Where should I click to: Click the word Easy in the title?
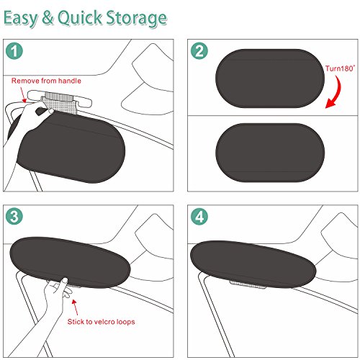point(21,18)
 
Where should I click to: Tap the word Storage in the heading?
point(136,19)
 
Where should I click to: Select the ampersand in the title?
point(48,17)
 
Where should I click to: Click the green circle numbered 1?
point(14,50)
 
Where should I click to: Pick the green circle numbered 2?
point(199,50)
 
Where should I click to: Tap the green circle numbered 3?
point(14,216)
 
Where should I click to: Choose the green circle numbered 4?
point(199,216)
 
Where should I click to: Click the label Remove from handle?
point(46,81)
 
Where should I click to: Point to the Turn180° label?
point(340,68)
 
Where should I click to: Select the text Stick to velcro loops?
point(101,322)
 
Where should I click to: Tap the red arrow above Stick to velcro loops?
point(75,307)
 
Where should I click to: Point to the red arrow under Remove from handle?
point(23,95)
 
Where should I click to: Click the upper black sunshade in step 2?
point(270,78)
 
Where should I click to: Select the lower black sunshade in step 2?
point(270,153)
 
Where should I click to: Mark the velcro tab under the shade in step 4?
point(247,284)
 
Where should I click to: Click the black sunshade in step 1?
point(72,149)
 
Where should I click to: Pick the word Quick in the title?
point(80,18)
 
